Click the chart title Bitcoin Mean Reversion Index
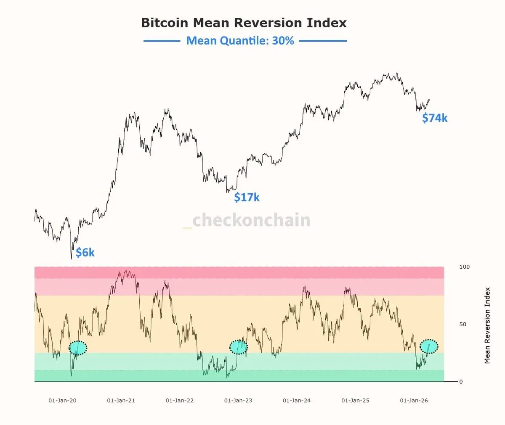tap(244, 23)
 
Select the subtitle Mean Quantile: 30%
tap(240, 41)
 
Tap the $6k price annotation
tap(85, 252)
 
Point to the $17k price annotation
tap(247, 197)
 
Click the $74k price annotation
tap(435, 118)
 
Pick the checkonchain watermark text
tap(251, 220)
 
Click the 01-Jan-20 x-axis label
tap(62, 400)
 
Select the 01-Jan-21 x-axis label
tap(121, 400)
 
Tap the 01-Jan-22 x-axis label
tap(180, 400)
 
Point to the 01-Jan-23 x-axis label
tap(238, 400)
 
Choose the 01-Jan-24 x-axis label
tap(297, 400)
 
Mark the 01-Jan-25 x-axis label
tap(355, 400)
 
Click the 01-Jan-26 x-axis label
tap(414, 400)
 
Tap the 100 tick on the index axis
tap(465, 267)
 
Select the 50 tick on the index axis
tap(463, 324)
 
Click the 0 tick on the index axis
tap(461, 382)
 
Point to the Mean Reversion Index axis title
tap(487, 325)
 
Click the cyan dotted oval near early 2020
tap(78, 348)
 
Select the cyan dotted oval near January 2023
tap(239, 347)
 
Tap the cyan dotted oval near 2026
tap(429, 346)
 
